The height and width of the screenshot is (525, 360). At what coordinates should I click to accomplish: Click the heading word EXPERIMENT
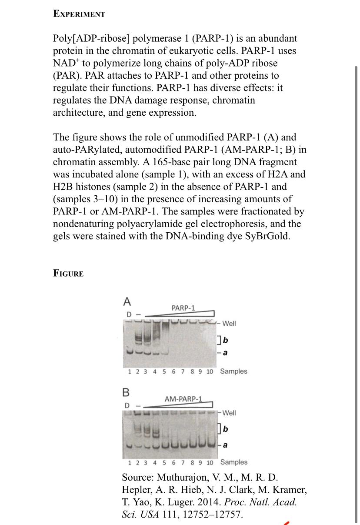click(x=79, y=13)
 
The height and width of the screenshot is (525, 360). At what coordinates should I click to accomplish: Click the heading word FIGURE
click(x=68, y=273)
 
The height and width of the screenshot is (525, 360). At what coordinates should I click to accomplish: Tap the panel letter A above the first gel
click(x=127, y=301)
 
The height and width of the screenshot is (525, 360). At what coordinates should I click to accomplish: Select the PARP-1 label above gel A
click(x=183, y=308)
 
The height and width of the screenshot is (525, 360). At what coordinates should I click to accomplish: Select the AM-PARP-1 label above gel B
click(x=183, y=398)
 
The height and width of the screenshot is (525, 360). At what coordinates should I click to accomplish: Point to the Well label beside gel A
click(x=229, y=323)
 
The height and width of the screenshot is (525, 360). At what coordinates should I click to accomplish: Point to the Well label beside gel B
click(x=229, y=412)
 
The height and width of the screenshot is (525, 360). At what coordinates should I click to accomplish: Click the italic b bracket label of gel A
click(x=226, y=340)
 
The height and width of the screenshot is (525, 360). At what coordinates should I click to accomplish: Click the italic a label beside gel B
click(x=226, y=445)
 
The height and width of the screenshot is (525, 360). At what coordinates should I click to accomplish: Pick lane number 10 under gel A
click(x=210, y=371)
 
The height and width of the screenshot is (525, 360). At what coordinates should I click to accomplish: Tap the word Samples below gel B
click(x=233, y=462)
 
